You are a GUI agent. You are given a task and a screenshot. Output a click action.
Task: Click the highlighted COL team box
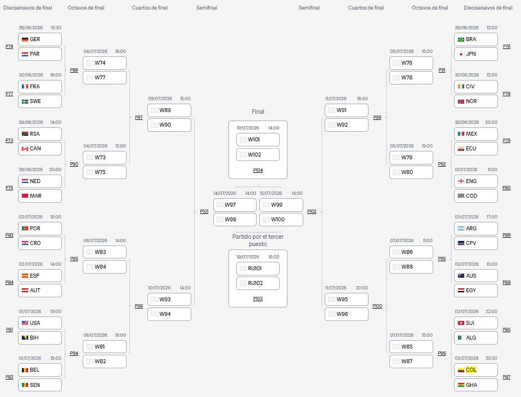pos(476,370)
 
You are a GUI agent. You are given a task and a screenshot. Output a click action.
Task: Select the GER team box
pos(40,39)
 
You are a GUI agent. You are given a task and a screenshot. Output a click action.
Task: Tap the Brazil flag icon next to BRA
pos(461,39)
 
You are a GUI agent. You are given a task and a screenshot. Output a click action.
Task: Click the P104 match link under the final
pos(258,170)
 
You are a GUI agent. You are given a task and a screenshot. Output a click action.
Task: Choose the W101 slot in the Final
pos(258,140)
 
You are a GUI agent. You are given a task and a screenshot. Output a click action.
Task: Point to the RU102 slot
pos(258,283)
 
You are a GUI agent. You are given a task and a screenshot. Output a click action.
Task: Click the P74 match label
pos(10,47)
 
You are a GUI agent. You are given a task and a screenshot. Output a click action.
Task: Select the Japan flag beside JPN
pos(461,54)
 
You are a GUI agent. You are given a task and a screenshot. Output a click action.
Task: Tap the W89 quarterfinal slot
pos(169,110)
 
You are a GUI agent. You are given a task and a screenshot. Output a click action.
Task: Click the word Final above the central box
pos(258,111)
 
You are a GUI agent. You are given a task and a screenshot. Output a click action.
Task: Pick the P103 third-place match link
pos(258,298)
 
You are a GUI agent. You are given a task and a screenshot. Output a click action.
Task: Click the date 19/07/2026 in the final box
pos(248,128)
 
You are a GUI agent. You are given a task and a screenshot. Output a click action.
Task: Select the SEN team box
pos(40,385)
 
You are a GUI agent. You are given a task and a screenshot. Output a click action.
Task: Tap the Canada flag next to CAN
pos(25,149)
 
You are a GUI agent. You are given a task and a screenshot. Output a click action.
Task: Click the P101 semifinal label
pos(204,212)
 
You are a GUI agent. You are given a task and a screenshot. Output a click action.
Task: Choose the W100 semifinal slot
pos(281,220)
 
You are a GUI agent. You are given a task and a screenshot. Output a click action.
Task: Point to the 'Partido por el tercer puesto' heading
pos(258,240)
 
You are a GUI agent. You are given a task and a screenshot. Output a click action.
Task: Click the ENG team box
pos(476,181)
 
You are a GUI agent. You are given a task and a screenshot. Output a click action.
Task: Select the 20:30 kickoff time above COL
pos(491,359)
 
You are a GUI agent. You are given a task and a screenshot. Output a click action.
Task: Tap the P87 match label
pos(506,377)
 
